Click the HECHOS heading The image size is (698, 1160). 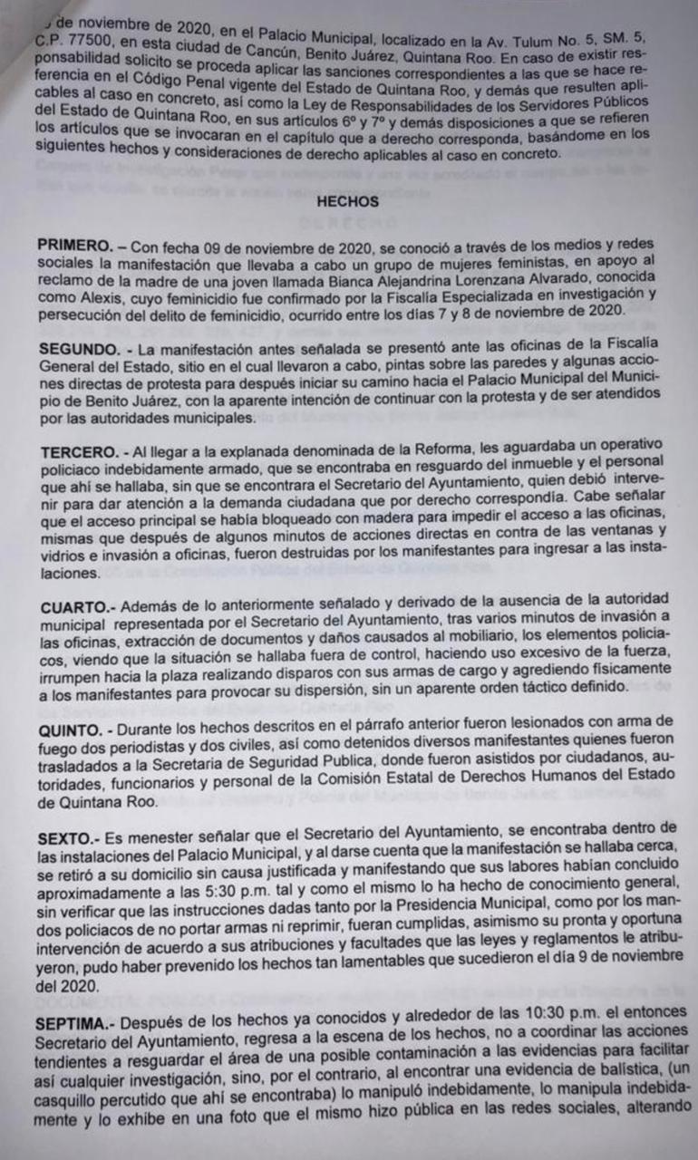pyautogui.click(x=347, y=202)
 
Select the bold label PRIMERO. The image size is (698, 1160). pyautogui.click(x=75, y=246)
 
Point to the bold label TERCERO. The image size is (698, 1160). pyautogui.click(x=76, y=450)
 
